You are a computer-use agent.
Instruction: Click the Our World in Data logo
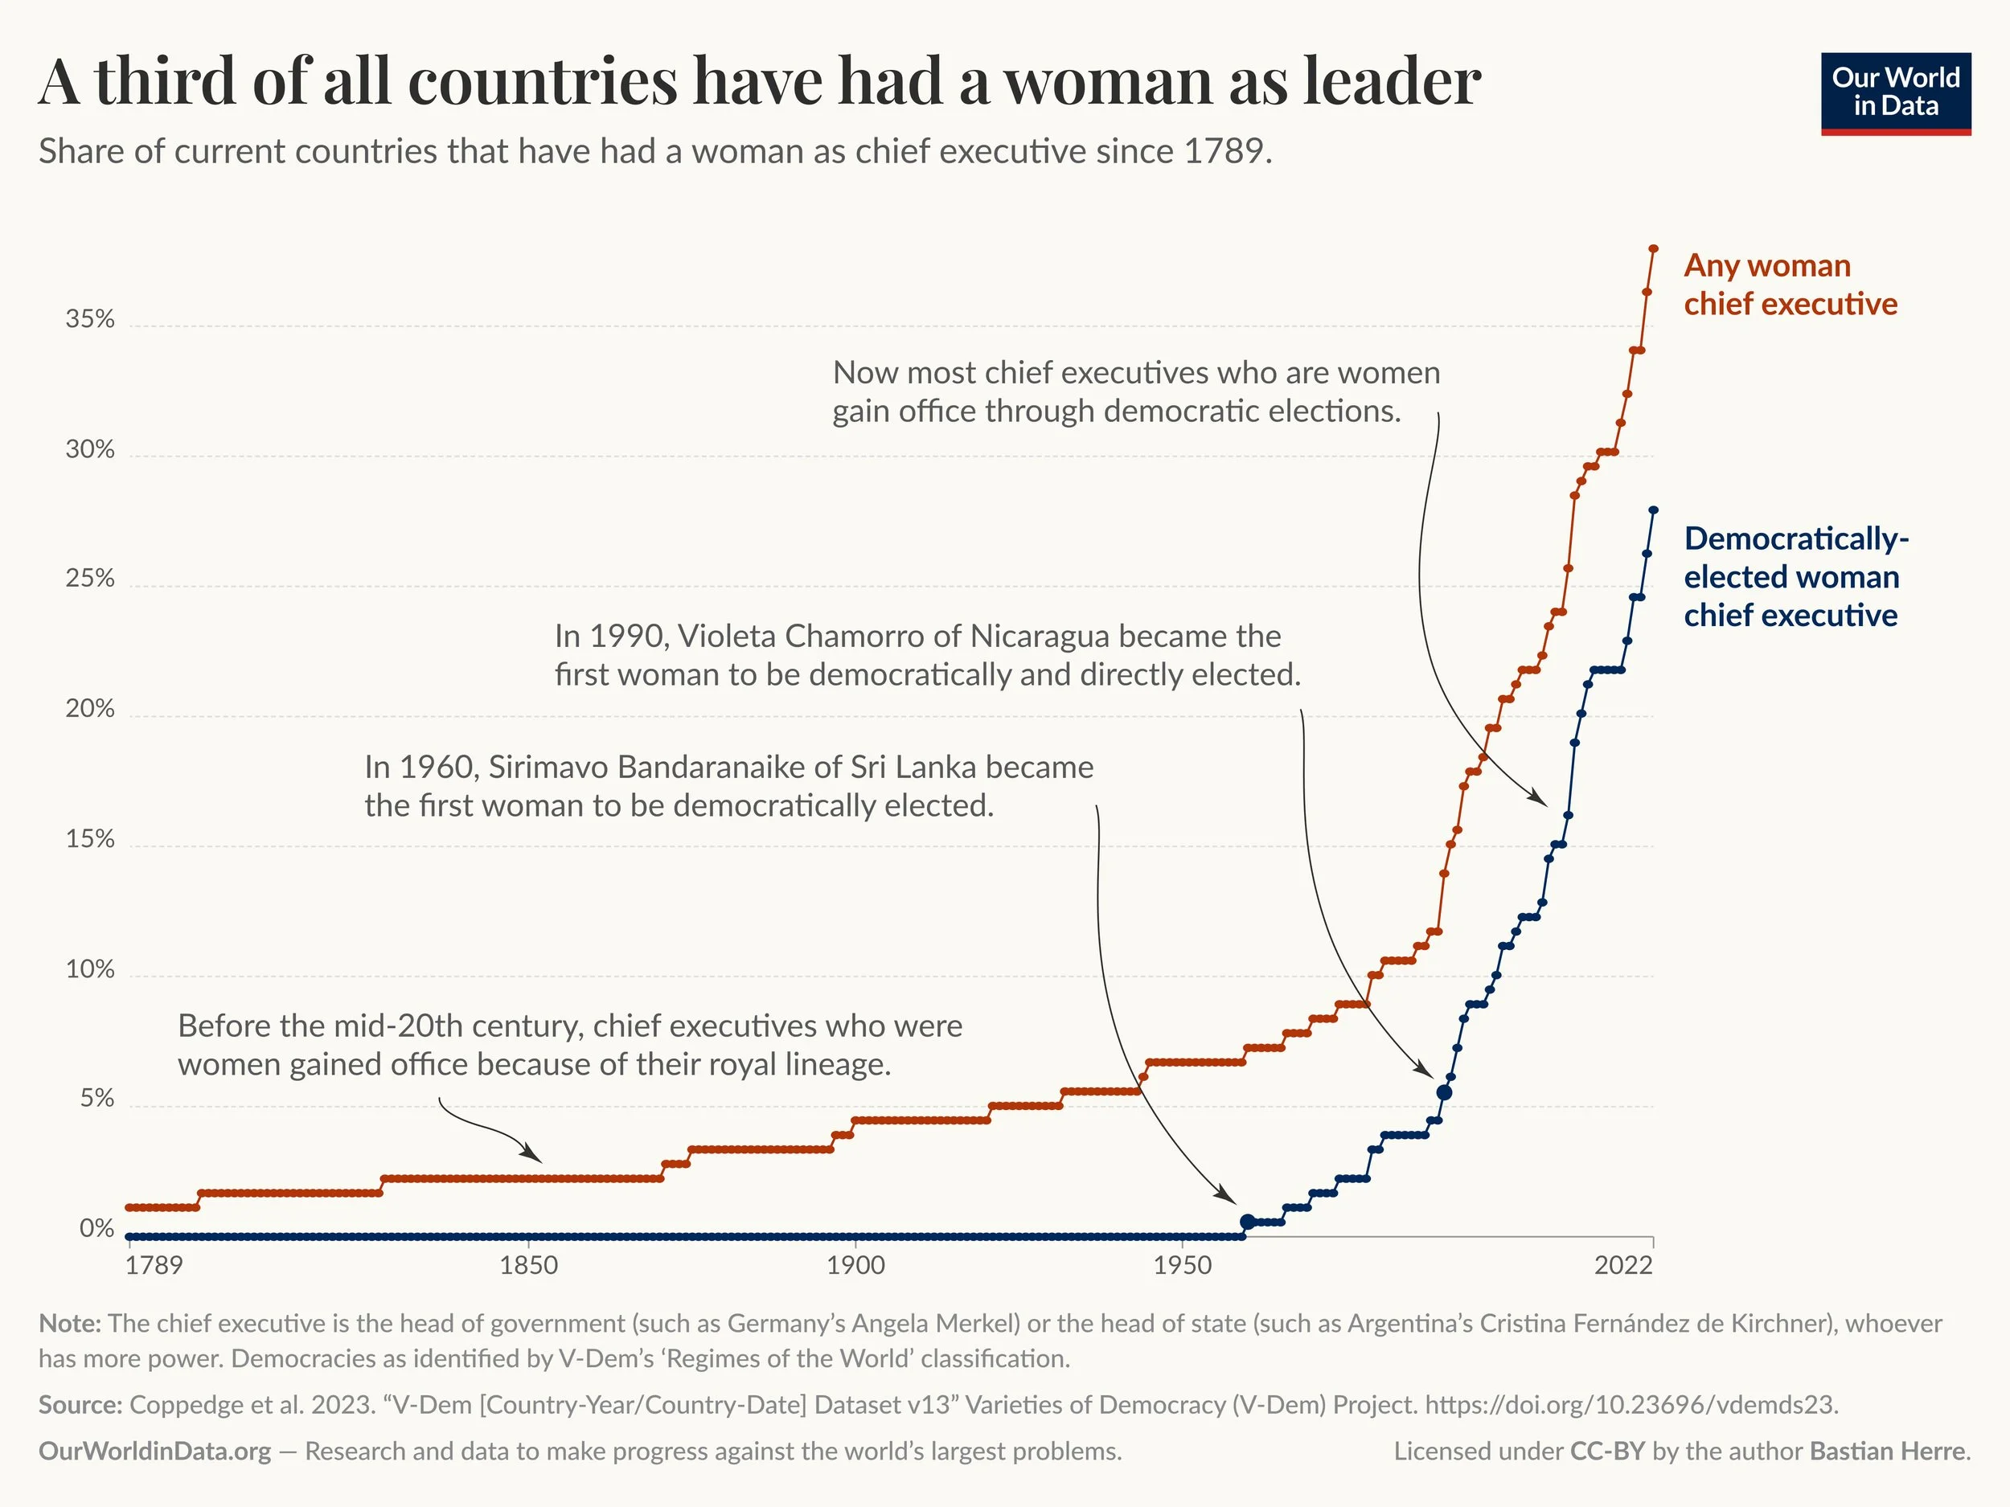[x=1896, y=92]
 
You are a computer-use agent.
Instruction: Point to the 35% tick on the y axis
[x=90, y=319]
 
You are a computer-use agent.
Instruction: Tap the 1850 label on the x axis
[x=529, y=1265]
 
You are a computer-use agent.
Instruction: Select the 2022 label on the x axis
[x=1623, y=1265]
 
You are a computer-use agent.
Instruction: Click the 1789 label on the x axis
[x=154, y=1265]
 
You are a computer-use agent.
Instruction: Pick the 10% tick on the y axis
[x=90, y=969]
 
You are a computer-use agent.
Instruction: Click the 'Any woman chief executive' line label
[x=1789, y=285]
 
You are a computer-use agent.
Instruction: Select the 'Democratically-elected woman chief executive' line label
[x=1795, y=577]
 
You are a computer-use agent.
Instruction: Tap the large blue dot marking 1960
[x=1248, y=1222]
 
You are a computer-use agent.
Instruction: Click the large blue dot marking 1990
[x=1444, y=1091]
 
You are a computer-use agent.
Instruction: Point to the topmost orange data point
[x=1653, y=248]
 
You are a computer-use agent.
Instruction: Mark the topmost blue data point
[x=1653, y=510]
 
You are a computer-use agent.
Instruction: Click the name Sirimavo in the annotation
[x=548, y=768]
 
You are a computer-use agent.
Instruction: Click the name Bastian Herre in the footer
[x=1887, y=1452]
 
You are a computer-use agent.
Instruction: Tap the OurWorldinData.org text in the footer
[x=154, y=1452]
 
